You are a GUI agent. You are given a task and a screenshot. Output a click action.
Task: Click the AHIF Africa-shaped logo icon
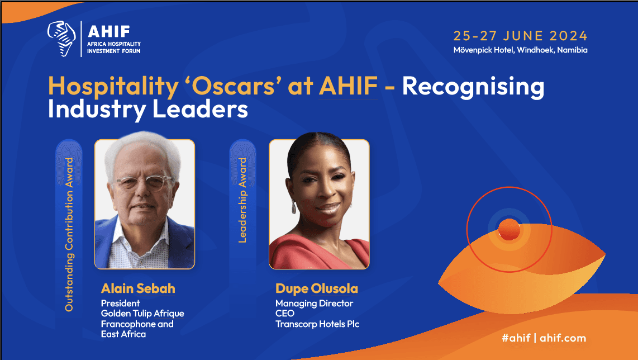tap(61, 39)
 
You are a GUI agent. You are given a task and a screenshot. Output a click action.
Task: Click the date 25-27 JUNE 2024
tap(521, 36)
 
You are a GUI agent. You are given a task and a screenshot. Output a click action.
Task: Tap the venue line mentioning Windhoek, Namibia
tap(521, 50)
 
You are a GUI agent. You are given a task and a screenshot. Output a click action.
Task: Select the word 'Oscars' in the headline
tap(233, 86)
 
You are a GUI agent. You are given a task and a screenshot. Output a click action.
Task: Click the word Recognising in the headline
tap(473, 87)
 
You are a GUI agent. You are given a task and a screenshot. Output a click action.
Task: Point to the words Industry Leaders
tap(147, 110)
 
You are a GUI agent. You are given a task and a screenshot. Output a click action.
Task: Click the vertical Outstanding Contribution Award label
tap(69, 235)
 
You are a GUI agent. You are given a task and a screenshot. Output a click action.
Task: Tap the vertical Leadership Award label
tap(242, 200)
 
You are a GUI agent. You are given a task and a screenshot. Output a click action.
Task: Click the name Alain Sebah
tap(138, 288)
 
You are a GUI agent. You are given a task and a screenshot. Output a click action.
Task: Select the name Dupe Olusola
tap(317, 289)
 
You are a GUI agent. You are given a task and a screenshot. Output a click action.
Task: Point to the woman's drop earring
tap(294, 207)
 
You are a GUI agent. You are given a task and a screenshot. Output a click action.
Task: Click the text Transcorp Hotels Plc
tap(317, 324)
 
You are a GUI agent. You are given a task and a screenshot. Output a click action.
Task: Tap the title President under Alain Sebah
tap(121, 304)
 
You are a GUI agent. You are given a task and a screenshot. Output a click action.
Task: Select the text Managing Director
tap(314, 304)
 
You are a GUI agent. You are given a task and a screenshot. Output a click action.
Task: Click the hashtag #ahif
tap(516, 338)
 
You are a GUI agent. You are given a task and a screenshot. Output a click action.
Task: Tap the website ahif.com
tap(563, 338)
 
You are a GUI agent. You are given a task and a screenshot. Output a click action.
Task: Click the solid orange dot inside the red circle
tap(509, 230)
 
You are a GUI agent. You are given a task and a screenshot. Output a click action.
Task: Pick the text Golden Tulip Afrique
tap(142, 314)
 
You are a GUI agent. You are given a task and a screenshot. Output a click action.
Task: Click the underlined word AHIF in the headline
tap(348, 86)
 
